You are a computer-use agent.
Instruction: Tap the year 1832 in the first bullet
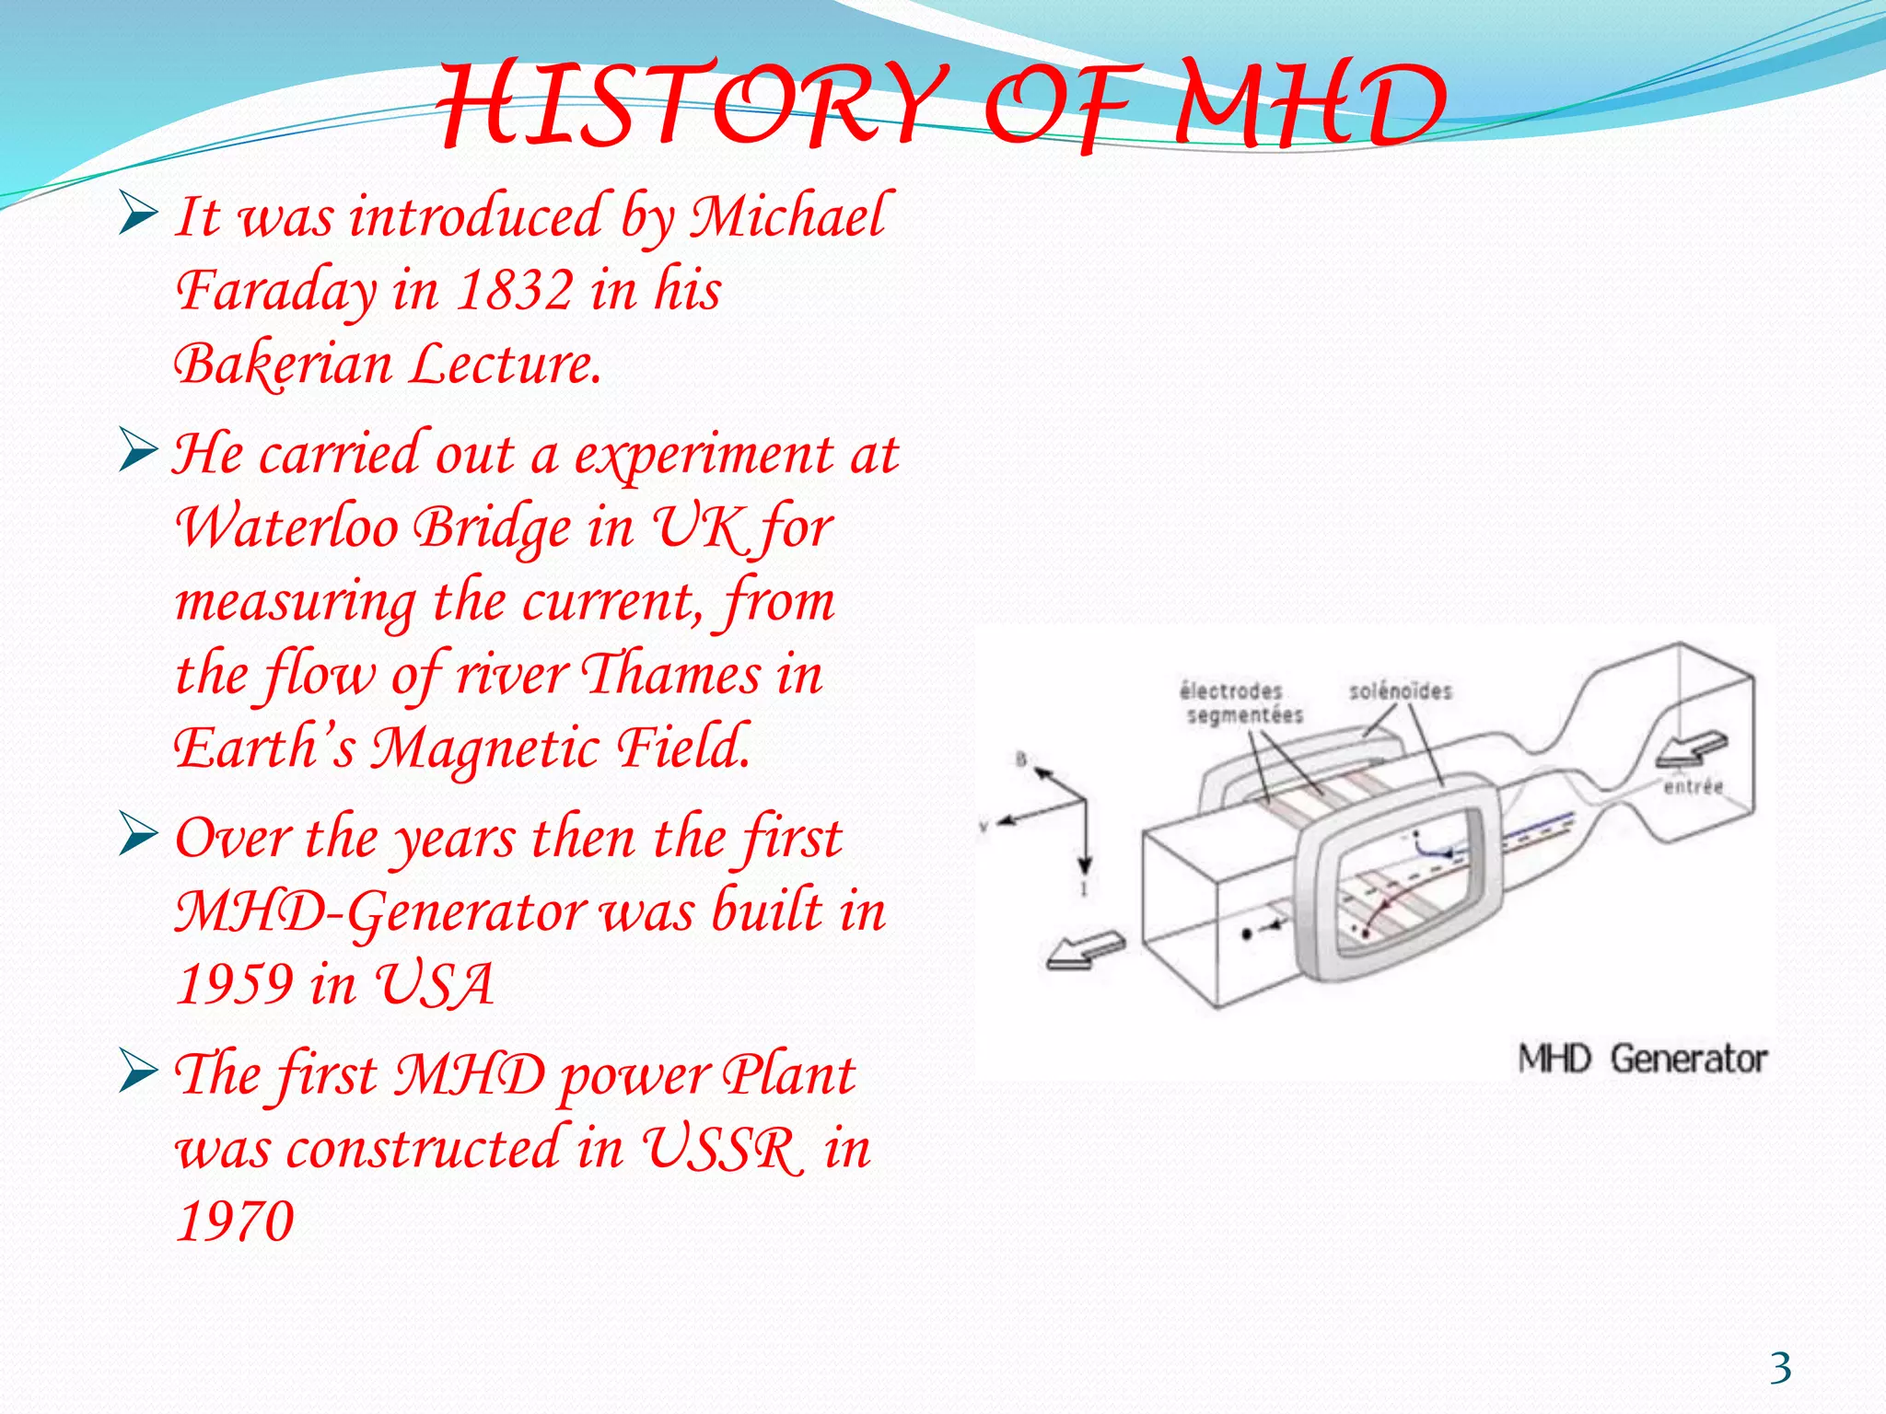(515, 290)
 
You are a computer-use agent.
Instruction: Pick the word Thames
(672, 674)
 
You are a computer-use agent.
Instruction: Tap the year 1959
(234, 984)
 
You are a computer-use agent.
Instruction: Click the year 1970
(234, 1222)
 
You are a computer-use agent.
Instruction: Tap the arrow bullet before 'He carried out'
(138, 452)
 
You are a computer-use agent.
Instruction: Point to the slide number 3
(1780, 1368)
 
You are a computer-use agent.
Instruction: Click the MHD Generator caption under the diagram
(1642, 1059)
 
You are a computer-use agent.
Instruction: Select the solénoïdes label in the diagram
(1400, 691)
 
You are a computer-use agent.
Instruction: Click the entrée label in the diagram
(1693, 786)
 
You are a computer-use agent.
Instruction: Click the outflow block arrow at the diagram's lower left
(1085, 949)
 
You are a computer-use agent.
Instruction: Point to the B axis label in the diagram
(1020, 759)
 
